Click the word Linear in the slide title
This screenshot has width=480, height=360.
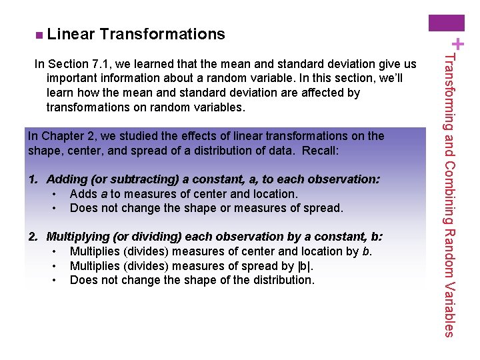click(x=71, y=34)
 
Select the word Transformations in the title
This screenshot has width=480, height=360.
click(x=163, y=34)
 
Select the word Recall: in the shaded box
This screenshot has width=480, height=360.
click(x=321, y=151)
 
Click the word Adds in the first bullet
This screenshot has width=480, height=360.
click(x=83, y=194)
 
